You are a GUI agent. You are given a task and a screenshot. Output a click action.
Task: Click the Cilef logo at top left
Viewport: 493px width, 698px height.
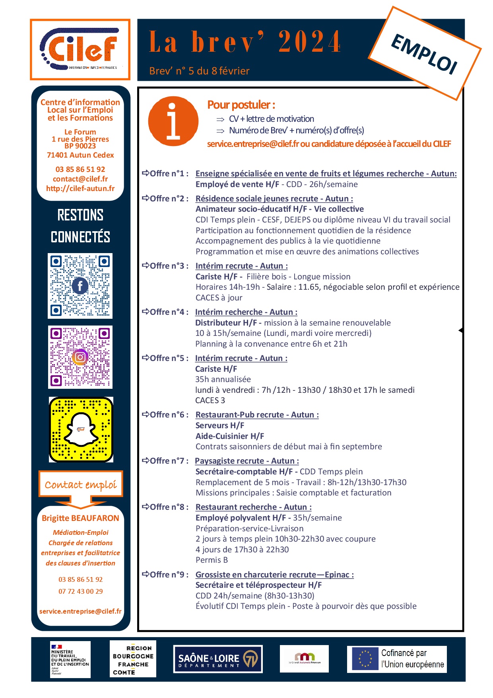pos(80,49)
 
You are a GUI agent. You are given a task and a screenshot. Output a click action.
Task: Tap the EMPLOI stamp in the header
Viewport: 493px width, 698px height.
pos(425,53)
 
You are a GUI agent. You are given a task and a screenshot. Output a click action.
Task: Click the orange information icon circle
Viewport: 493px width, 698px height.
pos(173,121)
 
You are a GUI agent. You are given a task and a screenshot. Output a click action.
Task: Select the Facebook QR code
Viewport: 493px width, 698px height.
pos(80,286)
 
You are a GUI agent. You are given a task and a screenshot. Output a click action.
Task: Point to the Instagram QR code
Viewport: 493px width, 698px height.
pos(80,357)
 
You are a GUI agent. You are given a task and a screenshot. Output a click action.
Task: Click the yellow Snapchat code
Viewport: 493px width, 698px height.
pos(81,429)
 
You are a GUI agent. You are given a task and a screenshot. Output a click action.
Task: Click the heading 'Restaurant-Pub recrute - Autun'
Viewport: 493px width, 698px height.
pos(257,415)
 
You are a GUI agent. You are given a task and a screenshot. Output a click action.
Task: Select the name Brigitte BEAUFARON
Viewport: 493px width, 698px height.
pos(80,518)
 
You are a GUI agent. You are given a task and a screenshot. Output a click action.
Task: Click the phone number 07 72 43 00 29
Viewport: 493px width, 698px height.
pos(80,591)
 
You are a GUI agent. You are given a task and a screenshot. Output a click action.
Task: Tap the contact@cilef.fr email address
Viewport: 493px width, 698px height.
pos(80,179)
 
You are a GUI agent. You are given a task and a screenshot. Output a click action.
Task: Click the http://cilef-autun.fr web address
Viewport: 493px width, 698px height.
pos(80,189)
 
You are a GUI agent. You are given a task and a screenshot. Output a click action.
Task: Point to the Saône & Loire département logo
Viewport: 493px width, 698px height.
pos(218,659)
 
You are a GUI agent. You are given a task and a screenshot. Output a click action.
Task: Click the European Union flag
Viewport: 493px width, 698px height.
pos(365,659)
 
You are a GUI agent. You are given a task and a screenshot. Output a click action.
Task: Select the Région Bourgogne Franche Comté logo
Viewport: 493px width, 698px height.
pos(133,659)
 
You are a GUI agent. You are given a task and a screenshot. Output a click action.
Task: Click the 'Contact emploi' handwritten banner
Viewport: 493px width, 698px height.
pos(81,484)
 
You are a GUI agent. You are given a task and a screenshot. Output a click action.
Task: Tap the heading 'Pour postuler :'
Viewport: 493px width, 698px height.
pos(241,105)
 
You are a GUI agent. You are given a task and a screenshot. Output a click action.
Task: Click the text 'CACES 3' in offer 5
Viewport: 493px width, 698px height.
pos(210,400)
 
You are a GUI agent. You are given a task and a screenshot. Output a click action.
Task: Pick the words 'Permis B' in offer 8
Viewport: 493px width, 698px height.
pos(212,560)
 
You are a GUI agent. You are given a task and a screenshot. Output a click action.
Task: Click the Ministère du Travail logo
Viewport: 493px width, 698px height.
pos(70,659)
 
